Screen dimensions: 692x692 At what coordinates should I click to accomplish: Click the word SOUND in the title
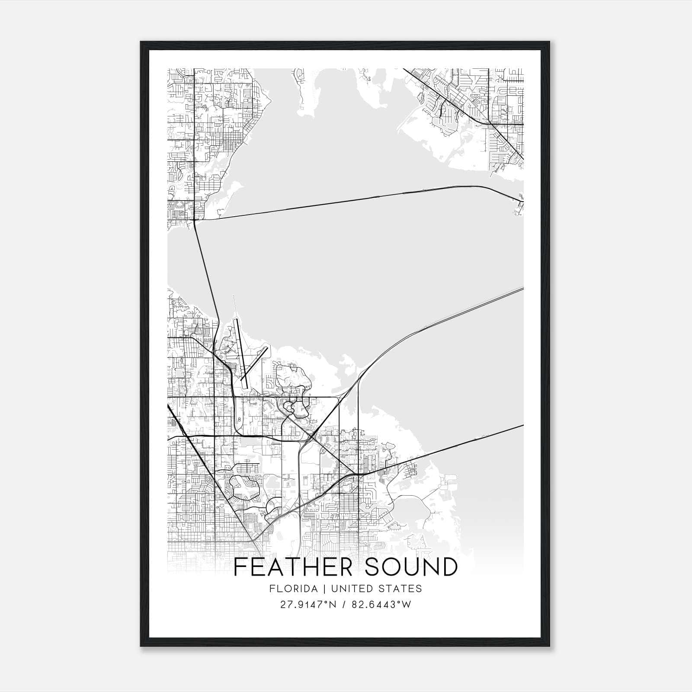[x=411, y=567]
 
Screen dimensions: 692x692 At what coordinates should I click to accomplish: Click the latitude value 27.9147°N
[x=308, y=605]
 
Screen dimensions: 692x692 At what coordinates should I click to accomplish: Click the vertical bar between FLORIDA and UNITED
[x=319, y=589]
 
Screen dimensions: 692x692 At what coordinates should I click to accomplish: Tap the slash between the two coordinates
[x=344, y=605]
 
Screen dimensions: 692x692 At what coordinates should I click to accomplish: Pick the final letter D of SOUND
[x=450, y=567]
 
